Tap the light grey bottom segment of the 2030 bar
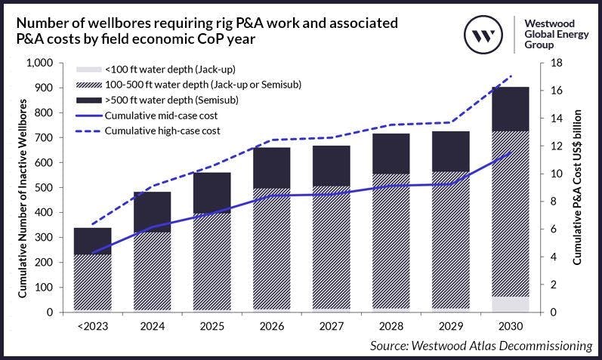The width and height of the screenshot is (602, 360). coord(510,303)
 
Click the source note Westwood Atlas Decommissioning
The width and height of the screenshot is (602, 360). coord(480,346)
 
